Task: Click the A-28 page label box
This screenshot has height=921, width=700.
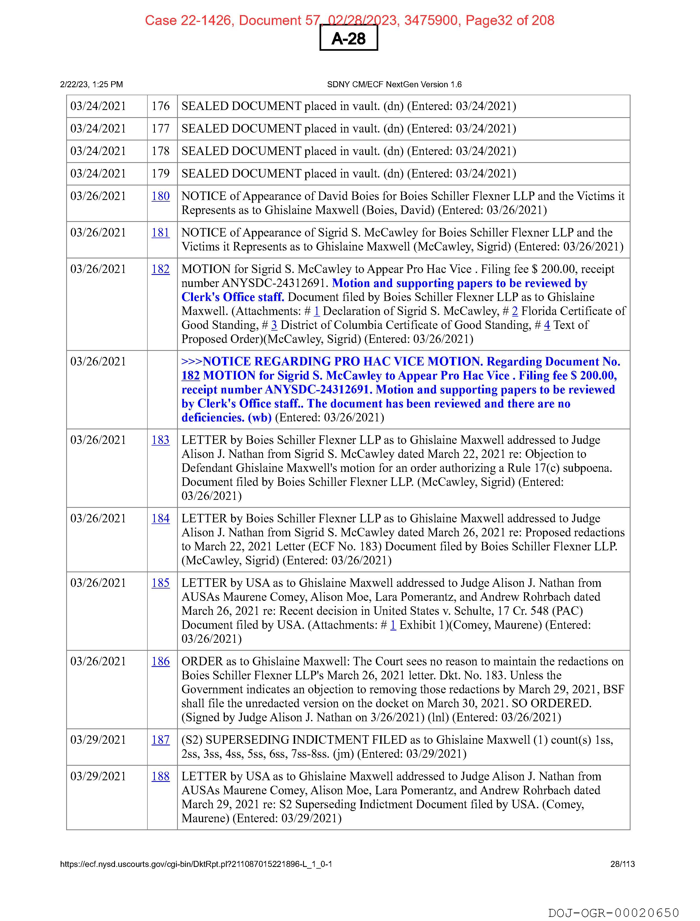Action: (x=348, y=38)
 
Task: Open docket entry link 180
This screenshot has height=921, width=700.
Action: (x=160, y=196)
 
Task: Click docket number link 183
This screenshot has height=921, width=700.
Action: (x=160, y=440)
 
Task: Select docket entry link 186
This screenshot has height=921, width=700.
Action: (x=160, y=662)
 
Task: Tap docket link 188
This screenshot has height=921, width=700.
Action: (x=160, y=776)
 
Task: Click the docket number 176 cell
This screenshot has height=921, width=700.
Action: (x=160, y=106)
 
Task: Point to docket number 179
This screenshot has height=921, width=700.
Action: (x=160, y=174)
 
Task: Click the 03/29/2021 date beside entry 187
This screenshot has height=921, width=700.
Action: (x=98, y=740)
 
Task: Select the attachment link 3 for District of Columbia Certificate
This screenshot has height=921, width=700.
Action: (x=274, y=325)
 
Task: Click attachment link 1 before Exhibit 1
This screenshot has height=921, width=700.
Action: (x=393, y=625)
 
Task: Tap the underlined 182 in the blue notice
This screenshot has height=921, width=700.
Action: (x=191, y=376)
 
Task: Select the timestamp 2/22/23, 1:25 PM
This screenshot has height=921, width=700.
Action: (x=91, y=85)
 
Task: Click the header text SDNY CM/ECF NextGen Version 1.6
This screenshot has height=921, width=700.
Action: (x=394, y=85)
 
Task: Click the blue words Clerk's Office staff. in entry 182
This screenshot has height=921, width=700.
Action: (x=233, y=297)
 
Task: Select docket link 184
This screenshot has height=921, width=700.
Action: (x=160, y=518)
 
